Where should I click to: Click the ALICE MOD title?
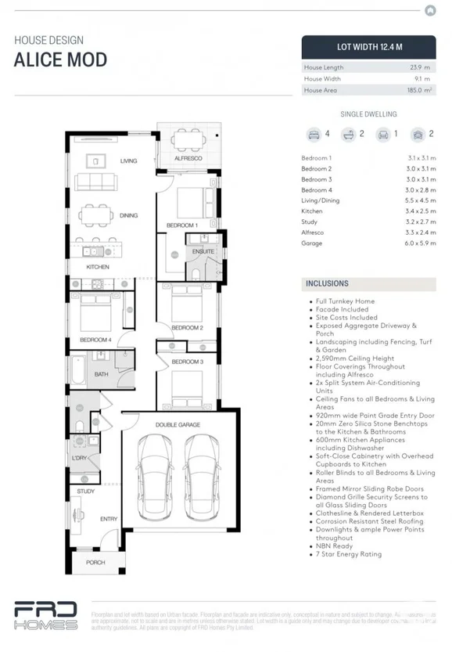(x=60, y=60)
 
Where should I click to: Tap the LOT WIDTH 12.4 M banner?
(x=368, y=47)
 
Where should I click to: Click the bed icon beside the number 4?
(x=314, y=134)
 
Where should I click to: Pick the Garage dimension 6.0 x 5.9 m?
(x=420, y=243)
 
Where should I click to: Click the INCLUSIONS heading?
(x=327, y=284)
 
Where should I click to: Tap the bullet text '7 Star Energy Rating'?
(x=349, y=554)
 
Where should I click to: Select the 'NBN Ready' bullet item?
(x=335, y=546)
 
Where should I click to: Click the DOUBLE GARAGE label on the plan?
(x=178, y=425)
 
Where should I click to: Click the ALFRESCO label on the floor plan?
(x=188, y=158)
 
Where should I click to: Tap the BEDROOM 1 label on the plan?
(x=181, y=225)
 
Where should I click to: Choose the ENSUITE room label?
(x=203, y=252)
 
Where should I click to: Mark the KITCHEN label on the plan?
(x=98, y=267)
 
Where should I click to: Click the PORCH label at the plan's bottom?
(x=95, y=562)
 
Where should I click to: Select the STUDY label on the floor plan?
(x=85, y=491)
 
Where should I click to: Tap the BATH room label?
(x=102, y=374)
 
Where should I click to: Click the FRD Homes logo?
(x=45, y=616)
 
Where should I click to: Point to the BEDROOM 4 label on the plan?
(x=95, y=340)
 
